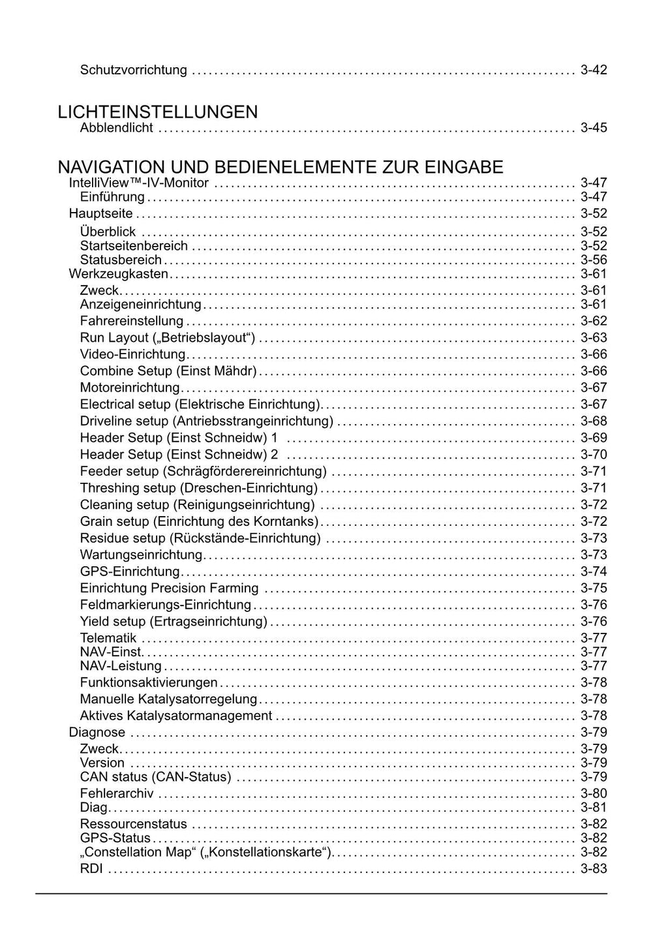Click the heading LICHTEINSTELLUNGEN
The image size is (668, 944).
coord(157,112)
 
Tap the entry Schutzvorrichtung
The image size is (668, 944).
coord(133,70)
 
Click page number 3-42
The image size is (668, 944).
coord(594,70)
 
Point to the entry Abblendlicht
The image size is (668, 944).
coord(116,128)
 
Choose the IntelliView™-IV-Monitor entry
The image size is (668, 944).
coord(138,183)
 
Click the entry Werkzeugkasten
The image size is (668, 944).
coord(118,274)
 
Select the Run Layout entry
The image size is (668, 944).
coord(167,337)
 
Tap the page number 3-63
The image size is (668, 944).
coord(594,337)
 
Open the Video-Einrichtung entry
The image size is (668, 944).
coord(133,354)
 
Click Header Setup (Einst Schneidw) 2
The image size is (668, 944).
coord(179,454)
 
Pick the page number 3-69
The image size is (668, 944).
coord(594,438)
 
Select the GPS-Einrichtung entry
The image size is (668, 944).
coord(129,571)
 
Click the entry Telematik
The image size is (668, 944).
coord(108,638)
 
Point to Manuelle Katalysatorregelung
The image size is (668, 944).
coord(168,699)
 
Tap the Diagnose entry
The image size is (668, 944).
coord(97,733)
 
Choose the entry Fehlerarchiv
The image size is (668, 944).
coord(117,793)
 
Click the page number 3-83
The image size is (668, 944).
coord(594,869)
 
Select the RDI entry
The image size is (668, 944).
coord(91,869)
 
